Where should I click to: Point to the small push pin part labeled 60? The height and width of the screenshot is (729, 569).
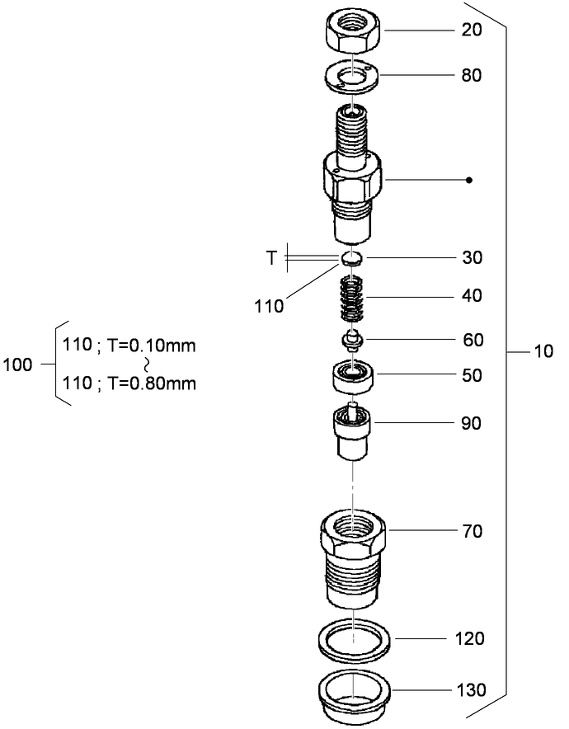point(352,339)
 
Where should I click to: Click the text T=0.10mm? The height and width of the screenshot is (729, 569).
point(151,346)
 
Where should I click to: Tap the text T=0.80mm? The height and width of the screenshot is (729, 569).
point(151,383)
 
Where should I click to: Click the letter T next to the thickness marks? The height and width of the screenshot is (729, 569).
point(272,258)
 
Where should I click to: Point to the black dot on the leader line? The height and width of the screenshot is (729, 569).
point(468,180)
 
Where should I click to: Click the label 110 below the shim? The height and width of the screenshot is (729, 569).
point(270,306)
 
